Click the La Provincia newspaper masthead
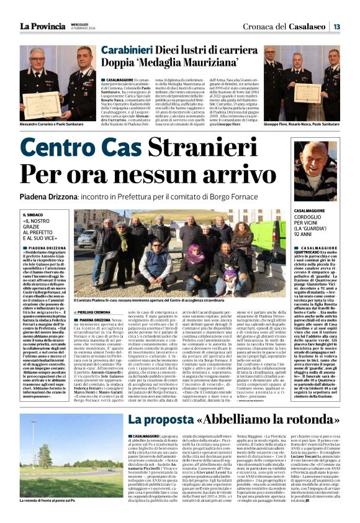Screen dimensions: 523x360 [42, 26]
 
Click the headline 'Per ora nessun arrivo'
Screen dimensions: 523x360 [146, 176]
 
